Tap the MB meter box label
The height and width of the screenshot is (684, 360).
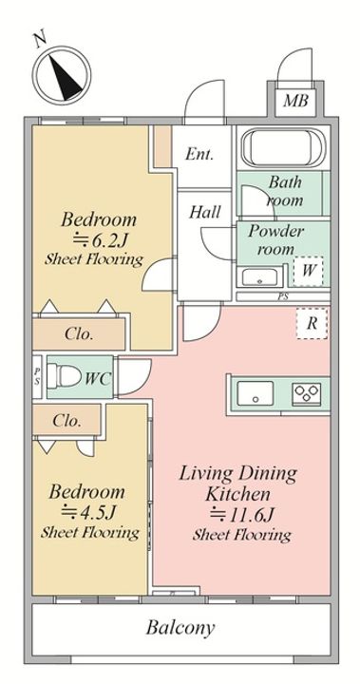[x=295, y=101]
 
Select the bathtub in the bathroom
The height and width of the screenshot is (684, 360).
[x=283, y=146]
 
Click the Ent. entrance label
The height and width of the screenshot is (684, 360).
[x=199, y=154]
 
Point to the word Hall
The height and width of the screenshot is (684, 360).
[x=204, y=213]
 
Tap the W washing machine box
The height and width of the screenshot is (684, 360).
[x=308, y=271]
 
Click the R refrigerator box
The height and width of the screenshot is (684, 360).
[x=312, y=324]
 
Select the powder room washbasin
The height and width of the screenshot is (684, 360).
[x=260, y=277]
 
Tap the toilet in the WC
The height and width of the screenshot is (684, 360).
[x=65, y=376]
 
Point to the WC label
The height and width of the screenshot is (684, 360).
[x=97, y=379]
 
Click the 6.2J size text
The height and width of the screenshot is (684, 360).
[x=99, y=239]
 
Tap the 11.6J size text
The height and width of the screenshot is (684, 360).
[x=241, y=515]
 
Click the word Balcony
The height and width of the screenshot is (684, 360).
[x=180, y=628]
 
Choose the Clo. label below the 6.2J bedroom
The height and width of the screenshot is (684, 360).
[x=79, y=334]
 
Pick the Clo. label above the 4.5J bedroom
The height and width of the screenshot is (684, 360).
[x=66, y=421]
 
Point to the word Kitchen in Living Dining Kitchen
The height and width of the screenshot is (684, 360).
[x=237, y=495]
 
